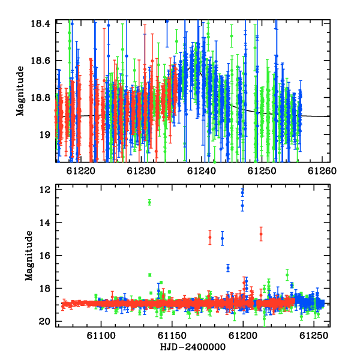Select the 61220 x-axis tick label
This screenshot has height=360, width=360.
(x=81, y=171)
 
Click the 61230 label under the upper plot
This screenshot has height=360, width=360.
(x=141, y=171)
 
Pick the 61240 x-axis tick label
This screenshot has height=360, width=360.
(x=202, y=171)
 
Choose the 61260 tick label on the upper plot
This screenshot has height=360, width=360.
(x=322, y=171)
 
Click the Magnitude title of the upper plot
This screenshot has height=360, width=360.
(x=20, y=91)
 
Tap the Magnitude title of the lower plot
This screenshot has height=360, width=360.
(x=29, y=256)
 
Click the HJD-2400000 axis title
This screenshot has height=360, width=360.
(x=193, y=347)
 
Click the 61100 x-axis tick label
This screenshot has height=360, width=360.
(x=101, y=336)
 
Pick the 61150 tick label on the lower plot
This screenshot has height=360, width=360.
(x=172, y=336)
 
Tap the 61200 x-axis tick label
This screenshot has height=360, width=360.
(x=243, y=336)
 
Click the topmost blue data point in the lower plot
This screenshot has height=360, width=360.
(x=242, y=193)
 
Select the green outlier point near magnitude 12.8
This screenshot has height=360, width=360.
(x=149, y=202)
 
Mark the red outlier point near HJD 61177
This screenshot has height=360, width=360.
(x=210, y=237)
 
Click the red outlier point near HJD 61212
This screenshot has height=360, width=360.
(x=261, y=234)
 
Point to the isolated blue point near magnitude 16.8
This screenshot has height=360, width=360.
(x=228, y=268)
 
